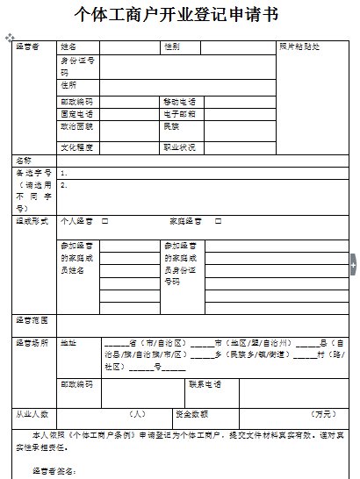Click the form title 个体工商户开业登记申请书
click(x=181, y=15)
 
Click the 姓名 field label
click(x=68, y=45)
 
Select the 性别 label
click(x=171, y=45)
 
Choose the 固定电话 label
click(x=76, y=114)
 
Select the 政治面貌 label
click(x=76, y=126)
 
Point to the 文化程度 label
click(x=76, y=147)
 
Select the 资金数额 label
click(x=191, y=412)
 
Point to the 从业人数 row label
click(x=32, y=412)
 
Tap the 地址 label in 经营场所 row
click(x=68, y=341)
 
